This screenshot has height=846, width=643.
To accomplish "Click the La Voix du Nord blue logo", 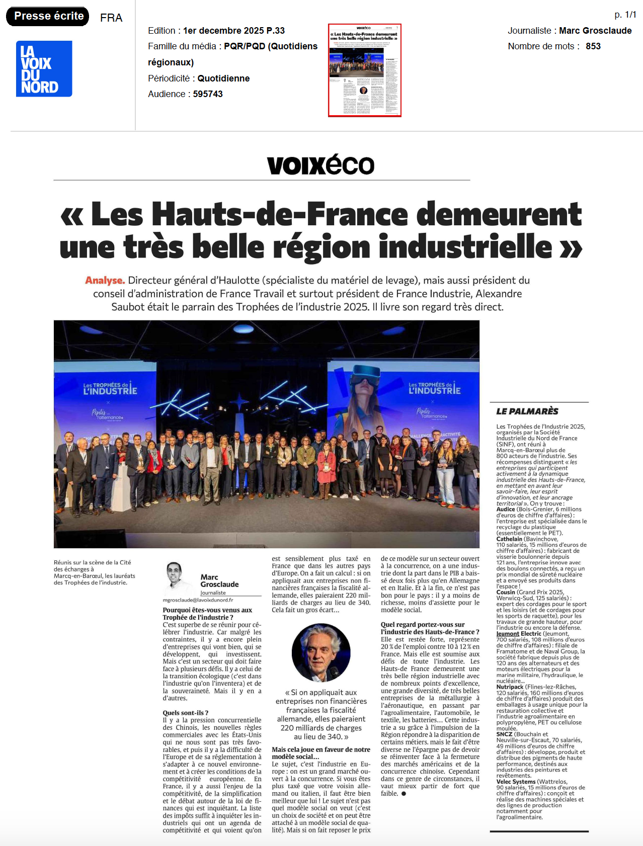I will click(44, 69).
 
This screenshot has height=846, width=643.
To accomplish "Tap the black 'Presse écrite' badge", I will click(48, 16).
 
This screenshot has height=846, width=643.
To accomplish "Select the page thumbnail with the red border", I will click(364, 70).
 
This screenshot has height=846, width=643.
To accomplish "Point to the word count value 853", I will click(593, 46).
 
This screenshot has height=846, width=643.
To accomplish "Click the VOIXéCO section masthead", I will click(320, 165).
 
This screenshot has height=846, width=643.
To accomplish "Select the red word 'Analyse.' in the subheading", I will click(105, 281).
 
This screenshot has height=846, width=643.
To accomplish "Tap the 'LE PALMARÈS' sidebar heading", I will click(527, 411).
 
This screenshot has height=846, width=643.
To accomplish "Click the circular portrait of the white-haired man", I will click(321, 653).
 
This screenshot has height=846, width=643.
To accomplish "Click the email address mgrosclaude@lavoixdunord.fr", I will click(198, 600).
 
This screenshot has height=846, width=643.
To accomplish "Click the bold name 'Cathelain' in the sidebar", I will click(509, 539).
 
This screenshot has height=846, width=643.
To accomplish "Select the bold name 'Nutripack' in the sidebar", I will click(510, 687).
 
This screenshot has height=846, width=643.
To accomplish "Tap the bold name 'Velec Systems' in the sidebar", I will click(516, 782).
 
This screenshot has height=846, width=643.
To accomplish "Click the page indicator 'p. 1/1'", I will click(625, 15).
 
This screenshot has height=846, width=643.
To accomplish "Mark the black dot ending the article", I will click(404, 794).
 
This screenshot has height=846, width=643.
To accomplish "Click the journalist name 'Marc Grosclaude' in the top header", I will click(595, 31).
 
